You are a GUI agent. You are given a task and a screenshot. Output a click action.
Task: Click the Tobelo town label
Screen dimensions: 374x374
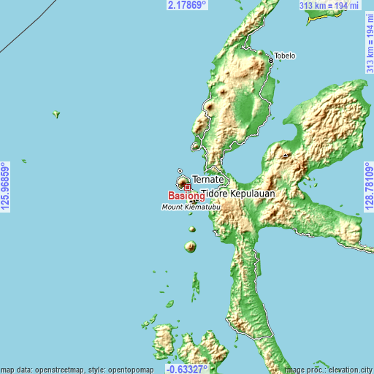[x=284, y=56]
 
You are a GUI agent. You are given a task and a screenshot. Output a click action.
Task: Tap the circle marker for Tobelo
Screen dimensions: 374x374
[x=272, y=56]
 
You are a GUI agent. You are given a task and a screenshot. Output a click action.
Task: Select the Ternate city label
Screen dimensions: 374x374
[x=207, y=179]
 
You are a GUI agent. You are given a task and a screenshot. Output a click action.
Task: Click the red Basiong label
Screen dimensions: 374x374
[x=186, y=196]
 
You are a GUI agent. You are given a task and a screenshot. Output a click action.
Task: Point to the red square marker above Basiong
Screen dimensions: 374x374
[x=187, y=187]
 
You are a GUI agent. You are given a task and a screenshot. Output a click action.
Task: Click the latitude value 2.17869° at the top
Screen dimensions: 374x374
[x=187, y=5]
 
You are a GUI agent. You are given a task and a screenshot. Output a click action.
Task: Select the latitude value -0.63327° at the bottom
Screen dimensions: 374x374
[x=187, y=368]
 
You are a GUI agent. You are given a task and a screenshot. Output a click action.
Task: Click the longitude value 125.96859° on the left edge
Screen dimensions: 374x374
[x=6, y=187]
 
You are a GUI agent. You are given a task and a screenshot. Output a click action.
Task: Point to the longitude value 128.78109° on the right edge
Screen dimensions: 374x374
[x=368, y=187]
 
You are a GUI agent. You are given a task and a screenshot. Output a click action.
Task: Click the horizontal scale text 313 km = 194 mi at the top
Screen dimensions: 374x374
[x=329, y=6]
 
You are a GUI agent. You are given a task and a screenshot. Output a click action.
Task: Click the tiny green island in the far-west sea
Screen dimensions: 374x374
[x=56, y=113]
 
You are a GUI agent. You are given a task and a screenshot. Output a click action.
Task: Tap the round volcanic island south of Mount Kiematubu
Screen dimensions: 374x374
[x=191, y=247]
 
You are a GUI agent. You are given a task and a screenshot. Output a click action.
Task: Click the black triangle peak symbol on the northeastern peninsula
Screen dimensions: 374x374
[x=285, y=155]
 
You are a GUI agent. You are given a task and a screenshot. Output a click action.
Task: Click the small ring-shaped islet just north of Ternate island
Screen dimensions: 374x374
[x=180, y=171]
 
